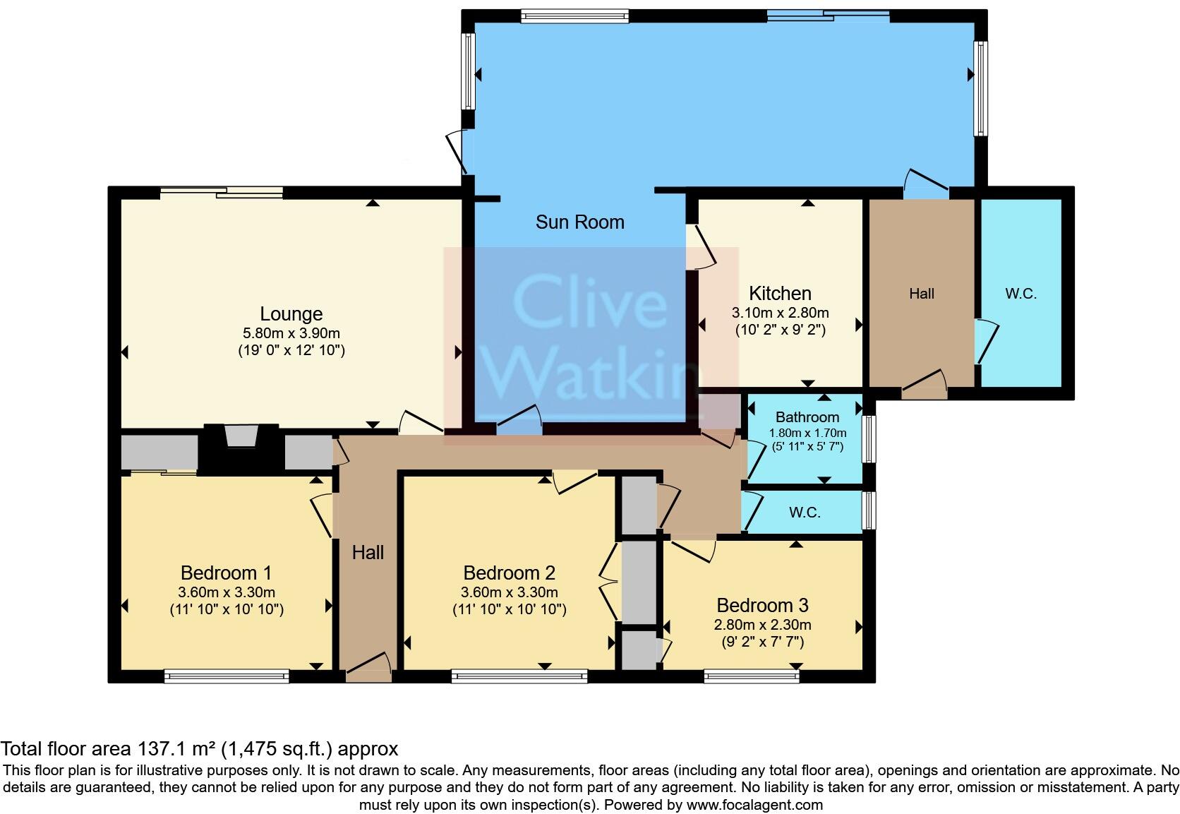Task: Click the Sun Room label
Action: click(579, 222)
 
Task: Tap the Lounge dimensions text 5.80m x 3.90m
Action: click(291, 333)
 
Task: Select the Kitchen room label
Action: click(780, 293)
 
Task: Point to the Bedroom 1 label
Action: click(226, 573)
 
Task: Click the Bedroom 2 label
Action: click(509, 573)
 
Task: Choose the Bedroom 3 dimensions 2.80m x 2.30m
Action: click(762, 625)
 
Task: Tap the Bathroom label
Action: click(807, 417)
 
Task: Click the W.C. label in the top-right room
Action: click(1021, 294)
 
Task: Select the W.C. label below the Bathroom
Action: click(805, 513)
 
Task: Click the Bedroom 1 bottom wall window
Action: click(227, 676)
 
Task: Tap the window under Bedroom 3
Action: click(752, 676)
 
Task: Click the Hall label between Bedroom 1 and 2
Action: click(368, 552)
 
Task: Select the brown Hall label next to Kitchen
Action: click(921, 294)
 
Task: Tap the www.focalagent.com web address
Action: click(754, 804)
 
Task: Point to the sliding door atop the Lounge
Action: click(221, 191)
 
